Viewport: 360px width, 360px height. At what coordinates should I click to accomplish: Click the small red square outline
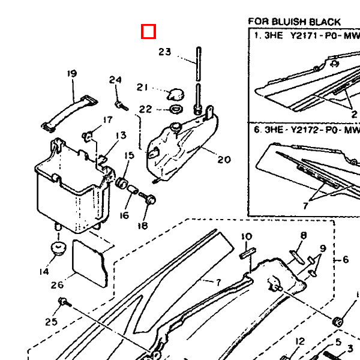click(148, 31)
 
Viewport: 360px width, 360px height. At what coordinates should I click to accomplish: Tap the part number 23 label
click(165, 52)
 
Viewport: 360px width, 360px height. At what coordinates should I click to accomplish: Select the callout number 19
click(72, 74)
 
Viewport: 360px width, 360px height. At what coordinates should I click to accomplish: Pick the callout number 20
click(224, 160)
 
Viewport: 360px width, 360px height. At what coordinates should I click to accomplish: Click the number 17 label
click(107, 120)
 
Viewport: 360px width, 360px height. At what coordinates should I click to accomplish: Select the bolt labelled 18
click(149, 200)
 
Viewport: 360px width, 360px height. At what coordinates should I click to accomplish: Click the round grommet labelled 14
click(58, 248)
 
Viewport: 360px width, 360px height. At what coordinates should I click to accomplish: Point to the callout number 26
click(57, 285)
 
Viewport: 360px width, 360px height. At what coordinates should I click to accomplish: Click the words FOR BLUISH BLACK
click(294, 22)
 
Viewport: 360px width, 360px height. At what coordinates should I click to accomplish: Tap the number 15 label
click(129, 156)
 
